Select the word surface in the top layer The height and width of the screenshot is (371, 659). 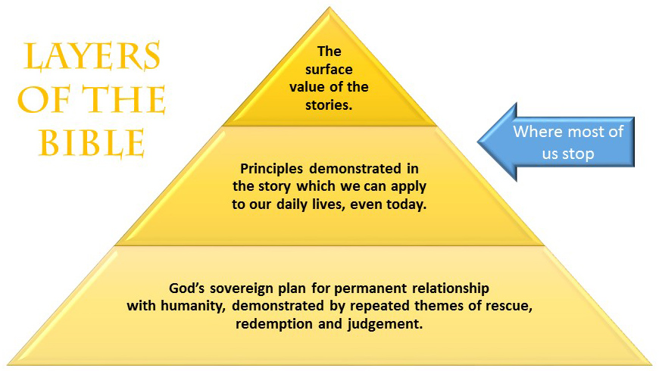(x=329, y=70)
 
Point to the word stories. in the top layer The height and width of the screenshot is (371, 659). (x=329, y=105)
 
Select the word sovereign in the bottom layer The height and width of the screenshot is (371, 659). (x=242, y=288)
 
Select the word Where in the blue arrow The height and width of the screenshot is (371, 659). (x=536, y=131)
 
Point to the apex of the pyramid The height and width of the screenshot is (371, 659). (x=329, y=8)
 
